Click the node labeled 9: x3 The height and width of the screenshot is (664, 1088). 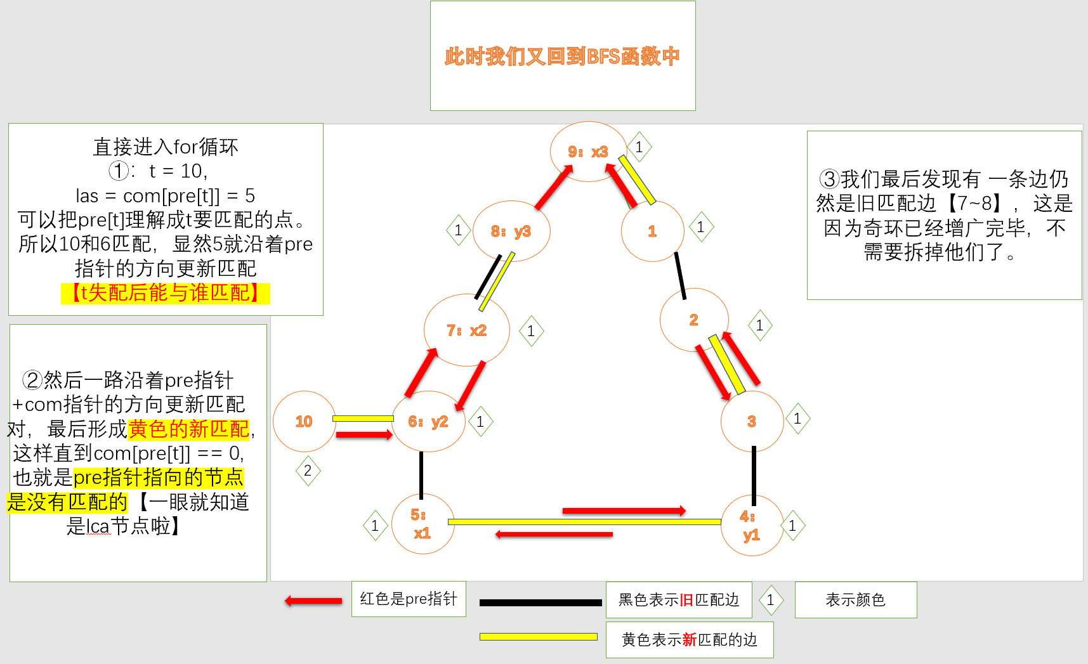[588, 152]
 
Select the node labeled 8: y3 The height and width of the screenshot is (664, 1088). [511, 231]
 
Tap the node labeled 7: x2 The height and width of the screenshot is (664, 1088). [466, 330]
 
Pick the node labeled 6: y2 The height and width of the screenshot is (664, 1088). [428, 422]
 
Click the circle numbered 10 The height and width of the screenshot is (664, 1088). [304, 422]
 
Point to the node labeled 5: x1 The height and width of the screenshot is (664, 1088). [423, 524]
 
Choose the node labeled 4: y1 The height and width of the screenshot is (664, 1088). [752, 526]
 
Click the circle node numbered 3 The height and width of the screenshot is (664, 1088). [752, 422]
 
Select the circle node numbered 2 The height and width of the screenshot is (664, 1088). [693, 320]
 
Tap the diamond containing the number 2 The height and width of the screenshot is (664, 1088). [308, 471]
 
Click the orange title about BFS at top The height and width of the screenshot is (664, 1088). [562, 56]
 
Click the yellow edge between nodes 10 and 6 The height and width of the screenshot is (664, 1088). [363, 419]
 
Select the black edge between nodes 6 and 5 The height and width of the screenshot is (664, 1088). [421, 474]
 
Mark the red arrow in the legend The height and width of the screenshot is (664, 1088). [313, 601]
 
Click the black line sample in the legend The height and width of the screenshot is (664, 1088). [541, 602]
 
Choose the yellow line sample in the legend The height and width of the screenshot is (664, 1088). [538, 637]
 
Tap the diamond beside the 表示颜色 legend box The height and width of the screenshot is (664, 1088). [771, 600]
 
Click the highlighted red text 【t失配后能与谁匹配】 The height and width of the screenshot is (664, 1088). [166, 293]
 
